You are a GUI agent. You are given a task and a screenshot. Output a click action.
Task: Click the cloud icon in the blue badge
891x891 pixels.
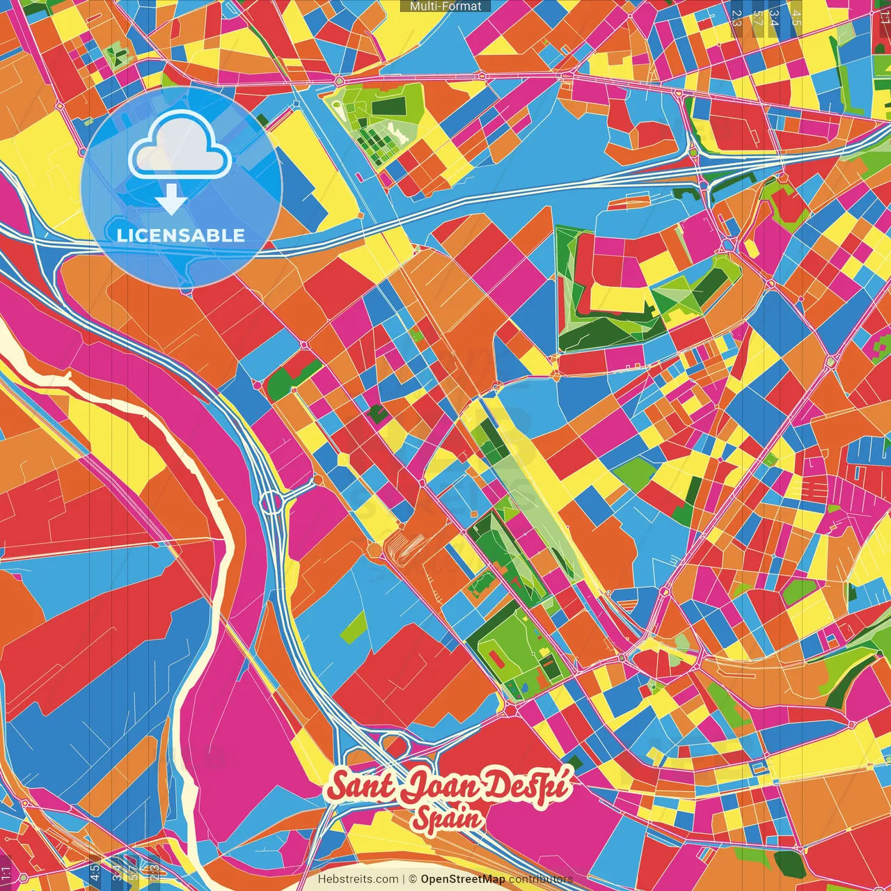tap(180, 146)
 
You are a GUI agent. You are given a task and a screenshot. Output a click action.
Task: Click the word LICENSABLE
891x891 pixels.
tap(181, 235)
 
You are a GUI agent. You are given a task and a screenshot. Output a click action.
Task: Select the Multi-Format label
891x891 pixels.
tap(445, 6)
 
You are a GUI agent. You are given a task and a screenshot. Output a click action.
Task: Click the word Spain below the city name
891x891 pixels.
tap(447, 818)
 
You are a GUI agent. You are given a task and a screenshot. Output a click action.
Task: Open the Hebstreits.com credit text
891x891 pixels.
tap(358, 879)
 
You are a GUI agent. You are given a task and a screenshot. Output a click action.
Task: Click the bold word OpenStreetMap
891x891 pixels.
tap(463, 879)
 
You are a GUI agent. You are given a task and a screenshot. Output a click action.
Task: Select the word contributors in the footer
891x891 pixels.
tap(541, 879)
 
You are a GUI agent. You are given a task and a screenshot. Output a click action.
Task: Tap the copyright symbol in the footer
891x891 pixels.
tap(413, 879)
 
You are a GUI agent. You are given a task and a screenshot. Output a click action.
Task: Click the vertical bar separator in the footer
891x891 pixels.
tap(404, 879)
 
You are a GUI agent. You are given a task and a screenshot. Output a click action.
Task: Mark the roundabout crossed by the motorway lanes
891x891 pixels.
tap(270, 501)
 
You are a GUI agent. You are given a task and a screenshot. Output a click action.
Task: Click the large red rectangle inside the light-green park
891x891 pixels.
tap(495, 656)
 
